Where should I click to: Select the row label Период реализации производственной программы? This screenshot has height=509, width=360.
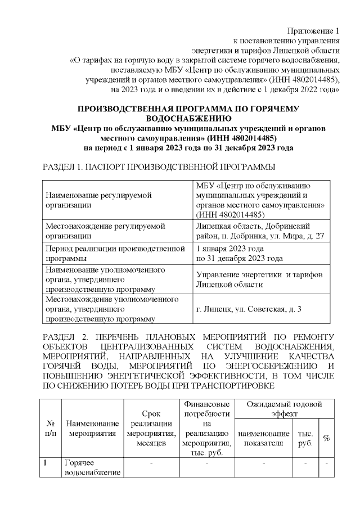click(x=115, y=253)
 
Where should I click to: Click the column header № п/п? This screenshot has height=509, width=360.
click(x=50, y=429)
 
